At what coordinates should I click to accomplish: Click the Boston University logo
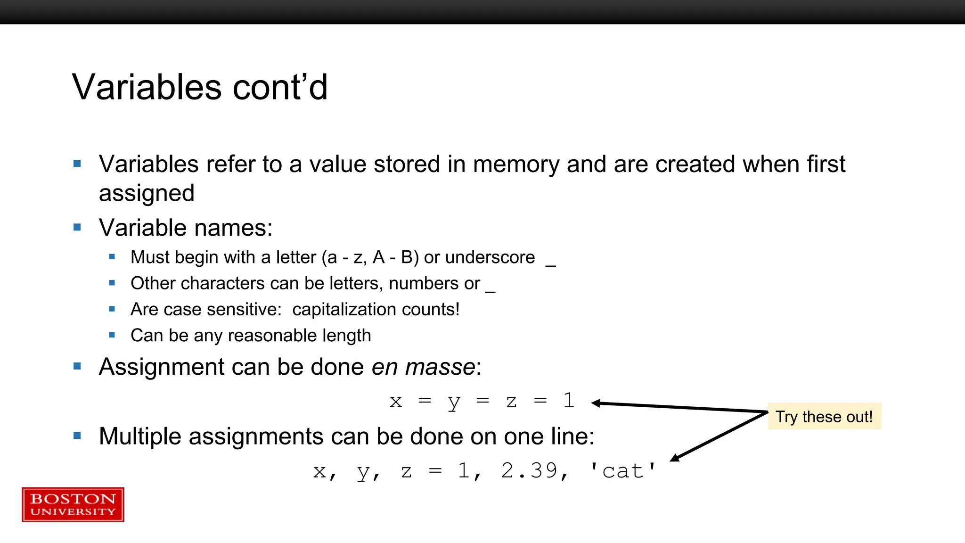click(73, 504)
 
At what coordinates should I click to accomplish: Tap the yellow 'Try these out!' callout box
click(824, 416)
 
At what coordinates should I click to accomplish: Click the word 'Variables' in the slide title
click(147, 87)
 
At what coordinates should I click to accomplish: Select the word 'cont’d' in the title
click(280, 87)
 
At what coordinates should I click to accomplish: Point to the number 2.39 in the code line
click(529, 470)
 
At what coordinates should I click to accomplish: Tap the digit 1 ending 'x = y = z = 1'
click(569, 401)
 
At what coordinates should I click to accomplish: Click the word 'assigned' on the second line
click(147, 193)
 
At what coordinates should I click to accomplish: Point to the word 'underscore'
click(490, 257)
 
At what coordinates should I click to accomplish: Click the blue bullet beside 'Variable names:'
click(77, 228)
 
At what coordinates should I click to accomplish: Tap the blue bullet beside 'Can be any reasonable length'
click(112, 335)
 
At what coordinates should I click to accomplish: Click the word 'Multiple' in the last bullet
click(140, 436)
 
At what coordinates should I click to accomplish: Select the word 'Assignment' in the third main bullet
click(162, 367)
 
